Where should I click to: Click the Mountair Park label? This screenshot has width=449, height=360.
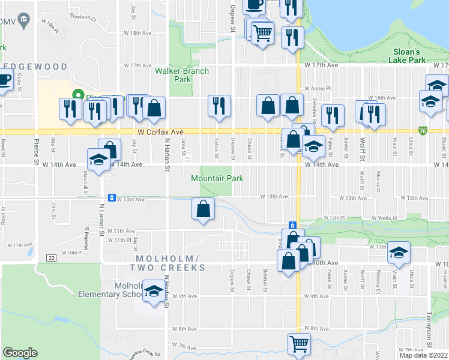pos(217,178)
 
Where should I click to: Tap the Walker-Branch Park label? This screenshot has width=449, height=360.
pos(182,74)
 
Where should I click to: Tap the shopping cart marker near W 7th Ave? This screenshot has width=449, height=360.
pos(298,344)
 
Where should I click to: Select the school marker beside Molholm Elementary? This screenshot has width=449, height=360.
pos(154,292)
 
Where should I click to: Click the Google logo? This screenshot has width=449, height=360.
pos(20,353)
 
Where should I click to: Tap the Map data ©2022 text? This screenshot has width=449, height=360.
pos(424,355)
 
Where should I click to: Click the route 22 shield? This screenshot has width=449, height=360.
pos(52,257)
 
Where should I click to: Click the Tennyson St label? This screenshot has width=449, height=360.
pos(429,331)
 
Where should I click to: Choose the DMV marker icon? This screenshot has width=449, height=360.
pos(23,21)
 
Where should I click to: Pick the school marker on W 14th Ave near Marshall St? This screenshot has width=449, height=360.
pos(98,160)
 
